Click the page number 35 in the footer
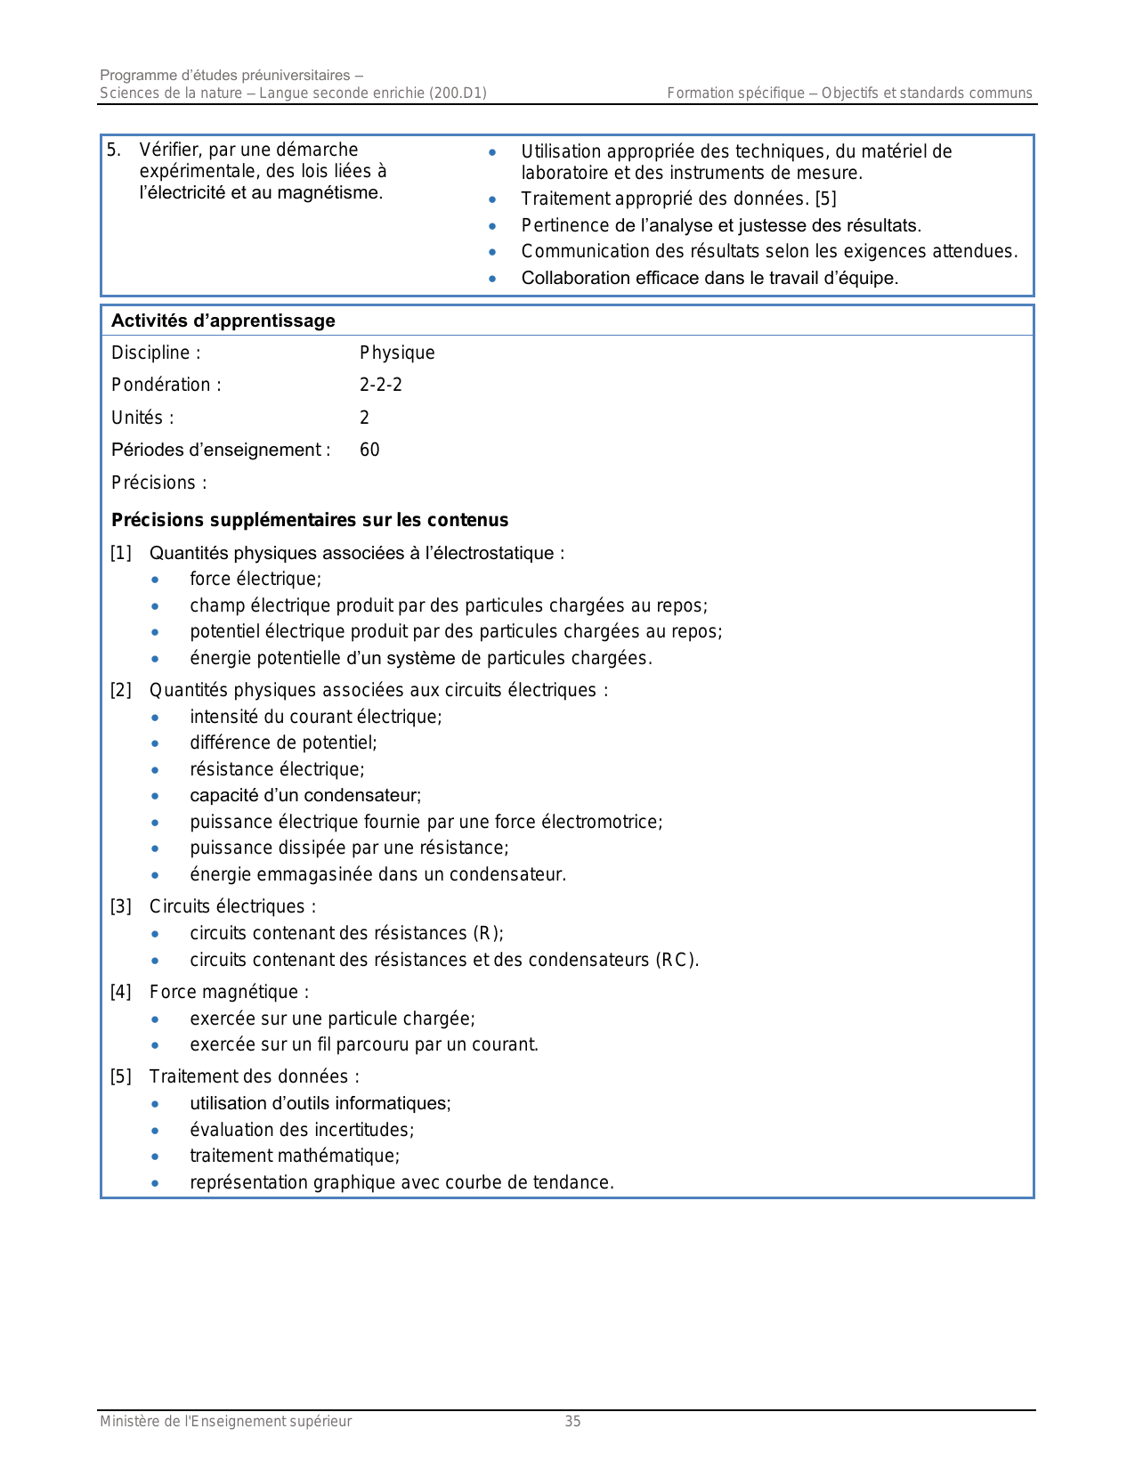click(572, 1422)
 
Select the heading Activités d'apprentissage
click(223, 321)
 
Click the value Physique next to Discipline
click(397, 353)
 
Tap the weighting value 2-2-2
click(381, 385)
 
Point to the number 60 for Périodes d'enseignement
click(369, 450)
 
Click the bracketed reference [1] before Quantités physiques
click(121, 553)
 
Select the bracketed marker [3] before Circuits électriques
click(121, 906)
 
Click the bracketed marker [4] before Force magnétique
click(121, 992)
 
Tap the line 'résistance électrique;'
click(277, 769)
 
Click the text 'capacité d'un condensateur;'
click(305, 795)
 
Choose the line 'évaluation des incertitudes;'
click(302, 1130)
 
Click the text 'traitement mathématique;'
click(295, 1156)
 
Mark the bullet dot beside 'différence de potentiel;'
click(156, 743)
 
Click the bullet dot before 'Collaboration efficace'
click(492, 279)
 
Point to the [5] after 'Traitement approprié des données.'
click(825, 199)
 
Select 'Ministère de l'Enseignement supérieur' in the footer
click(225, 1422)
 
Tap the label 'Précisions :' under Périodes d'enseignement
click(158, 483)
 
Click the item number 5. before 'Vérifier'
click(114, 150)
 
